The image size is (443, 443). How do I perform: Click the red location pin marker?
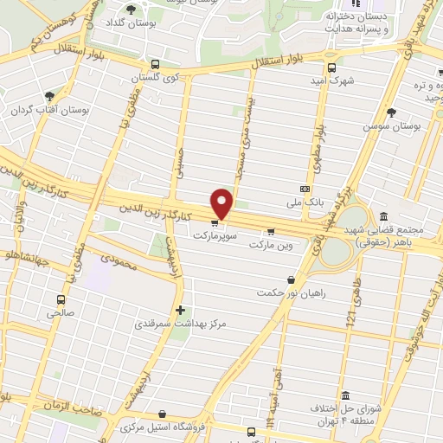coord(222,203)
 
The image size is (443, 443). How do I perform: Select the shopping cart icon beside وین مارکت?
coord(271,231)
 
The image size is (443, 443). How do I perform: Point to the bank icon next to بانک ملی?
coord(305,189)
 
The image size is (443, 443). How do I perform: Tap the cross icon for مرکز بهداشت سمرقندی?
coord(180,309)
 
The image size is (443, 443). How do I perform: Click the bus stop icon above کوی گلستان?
coord(155,64)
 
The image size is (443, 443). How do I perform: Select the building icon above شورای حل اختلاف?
coord(344,395)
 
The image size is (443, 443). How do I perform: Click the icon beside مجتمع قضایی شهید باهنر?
coord(382,217)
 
